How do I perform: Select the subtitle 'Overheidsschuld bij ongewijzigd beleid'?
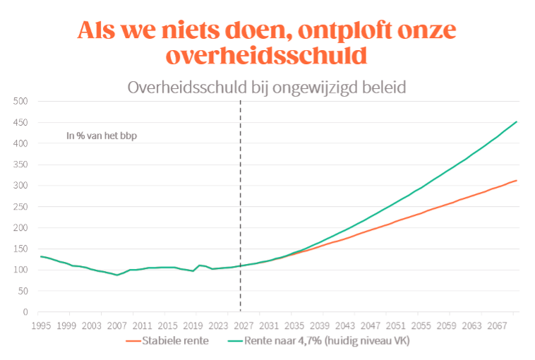(x=267, y=88)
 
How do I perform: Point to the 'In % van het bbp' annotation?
(x=102, y=136)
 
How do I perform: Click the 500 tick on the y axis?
(x=20, y=101)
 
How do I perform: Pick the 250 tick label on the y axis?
(x=20, y=207)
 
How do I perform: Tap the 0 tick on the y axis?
(x=25, y=312)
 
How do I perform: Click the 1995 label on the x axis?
(x=41, y=325)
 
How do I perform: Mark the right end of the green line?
(x=517, y=121)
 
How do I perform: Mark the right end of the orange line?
(x=517, y=181)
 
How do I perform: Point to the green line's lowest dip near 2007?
(x=117, y=275)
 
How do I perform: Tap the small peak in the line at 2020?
(x=199, y=265)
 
